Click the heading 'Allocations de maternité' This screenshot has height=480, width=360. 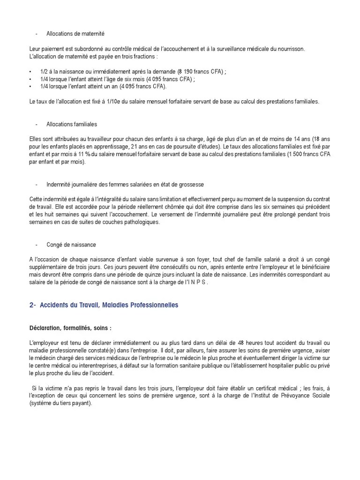[75, 34]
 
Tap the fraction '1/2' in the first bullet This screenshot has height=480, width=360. [45, 71]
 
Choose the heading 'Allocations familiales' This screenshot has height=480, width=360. [72, 124]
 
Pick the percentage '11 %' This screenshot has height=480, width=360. [88, 154]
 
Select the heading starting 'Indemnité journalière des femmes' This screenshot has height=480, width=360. [125, 185]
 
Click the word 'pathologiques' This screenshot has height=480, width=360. [140, 222]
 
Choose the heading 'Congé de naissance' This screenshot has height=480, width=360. [71, 245]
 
